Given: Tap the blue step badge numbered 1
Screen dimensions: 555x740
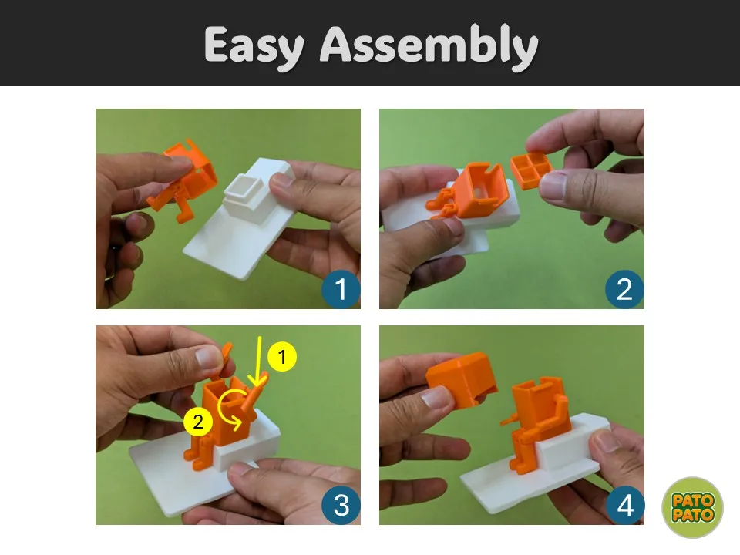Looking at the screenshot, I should (340, 289).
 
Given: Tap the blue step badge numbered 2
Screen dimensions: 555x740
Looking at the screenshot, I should (624, 289).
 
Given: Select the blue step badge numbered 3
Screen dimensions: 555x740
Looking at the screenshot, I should (340, 505).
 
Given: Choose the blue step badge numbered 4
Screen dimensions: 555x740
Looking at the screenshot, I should (624, 505).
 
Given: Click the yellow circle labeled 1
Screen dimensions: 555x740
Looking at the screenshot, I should (282, 358).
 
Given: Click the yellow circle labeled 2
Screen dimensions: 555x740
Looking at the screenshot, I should (198, 422).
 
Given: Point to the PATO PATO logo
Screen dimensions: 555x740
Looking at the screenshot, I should (692, 507).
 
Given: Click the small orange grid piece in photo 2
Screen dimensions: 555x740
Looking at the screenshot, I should (532, 170).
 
